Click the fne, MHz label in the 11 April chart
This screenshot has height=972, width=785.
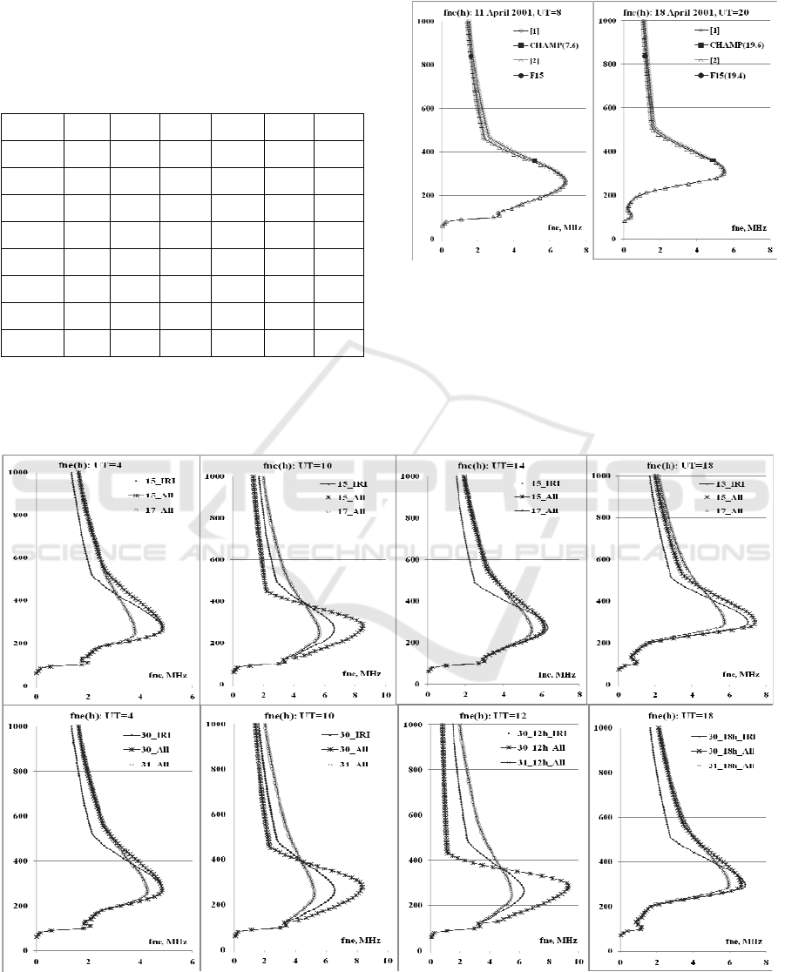[x=564, y=227]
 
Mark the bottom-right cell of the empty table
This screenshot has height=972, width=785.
[x=339, y=342]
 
